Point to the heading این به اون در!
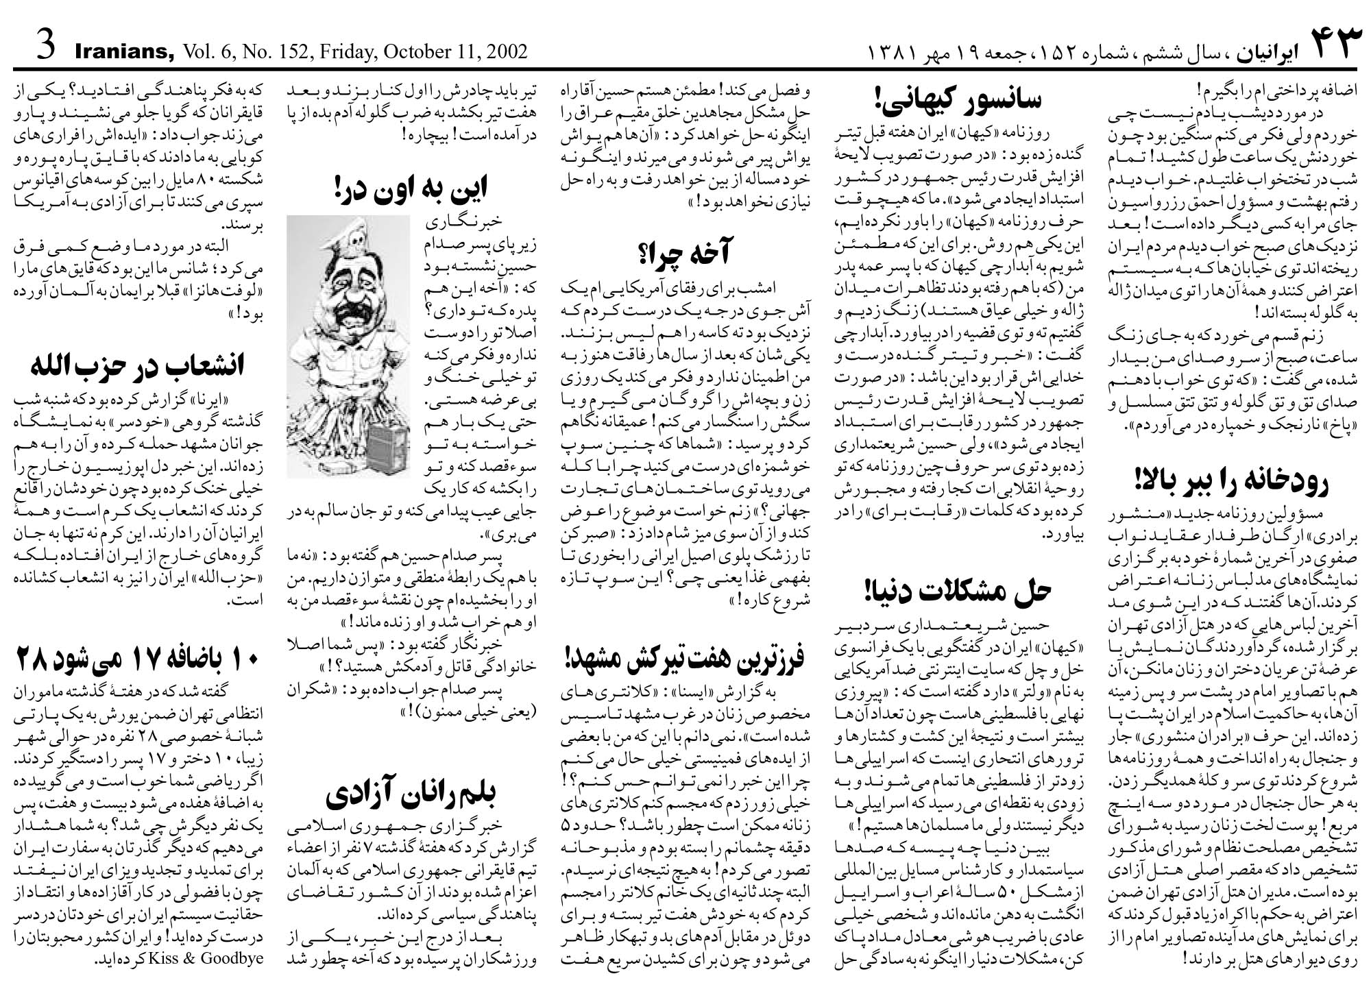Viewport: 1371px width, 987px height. point(411,188)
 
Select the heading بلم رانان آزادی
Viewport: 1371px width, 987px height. point(411,794)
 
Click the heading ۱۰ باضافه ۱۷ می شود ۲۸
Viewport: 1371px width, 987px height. point(137,660)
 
